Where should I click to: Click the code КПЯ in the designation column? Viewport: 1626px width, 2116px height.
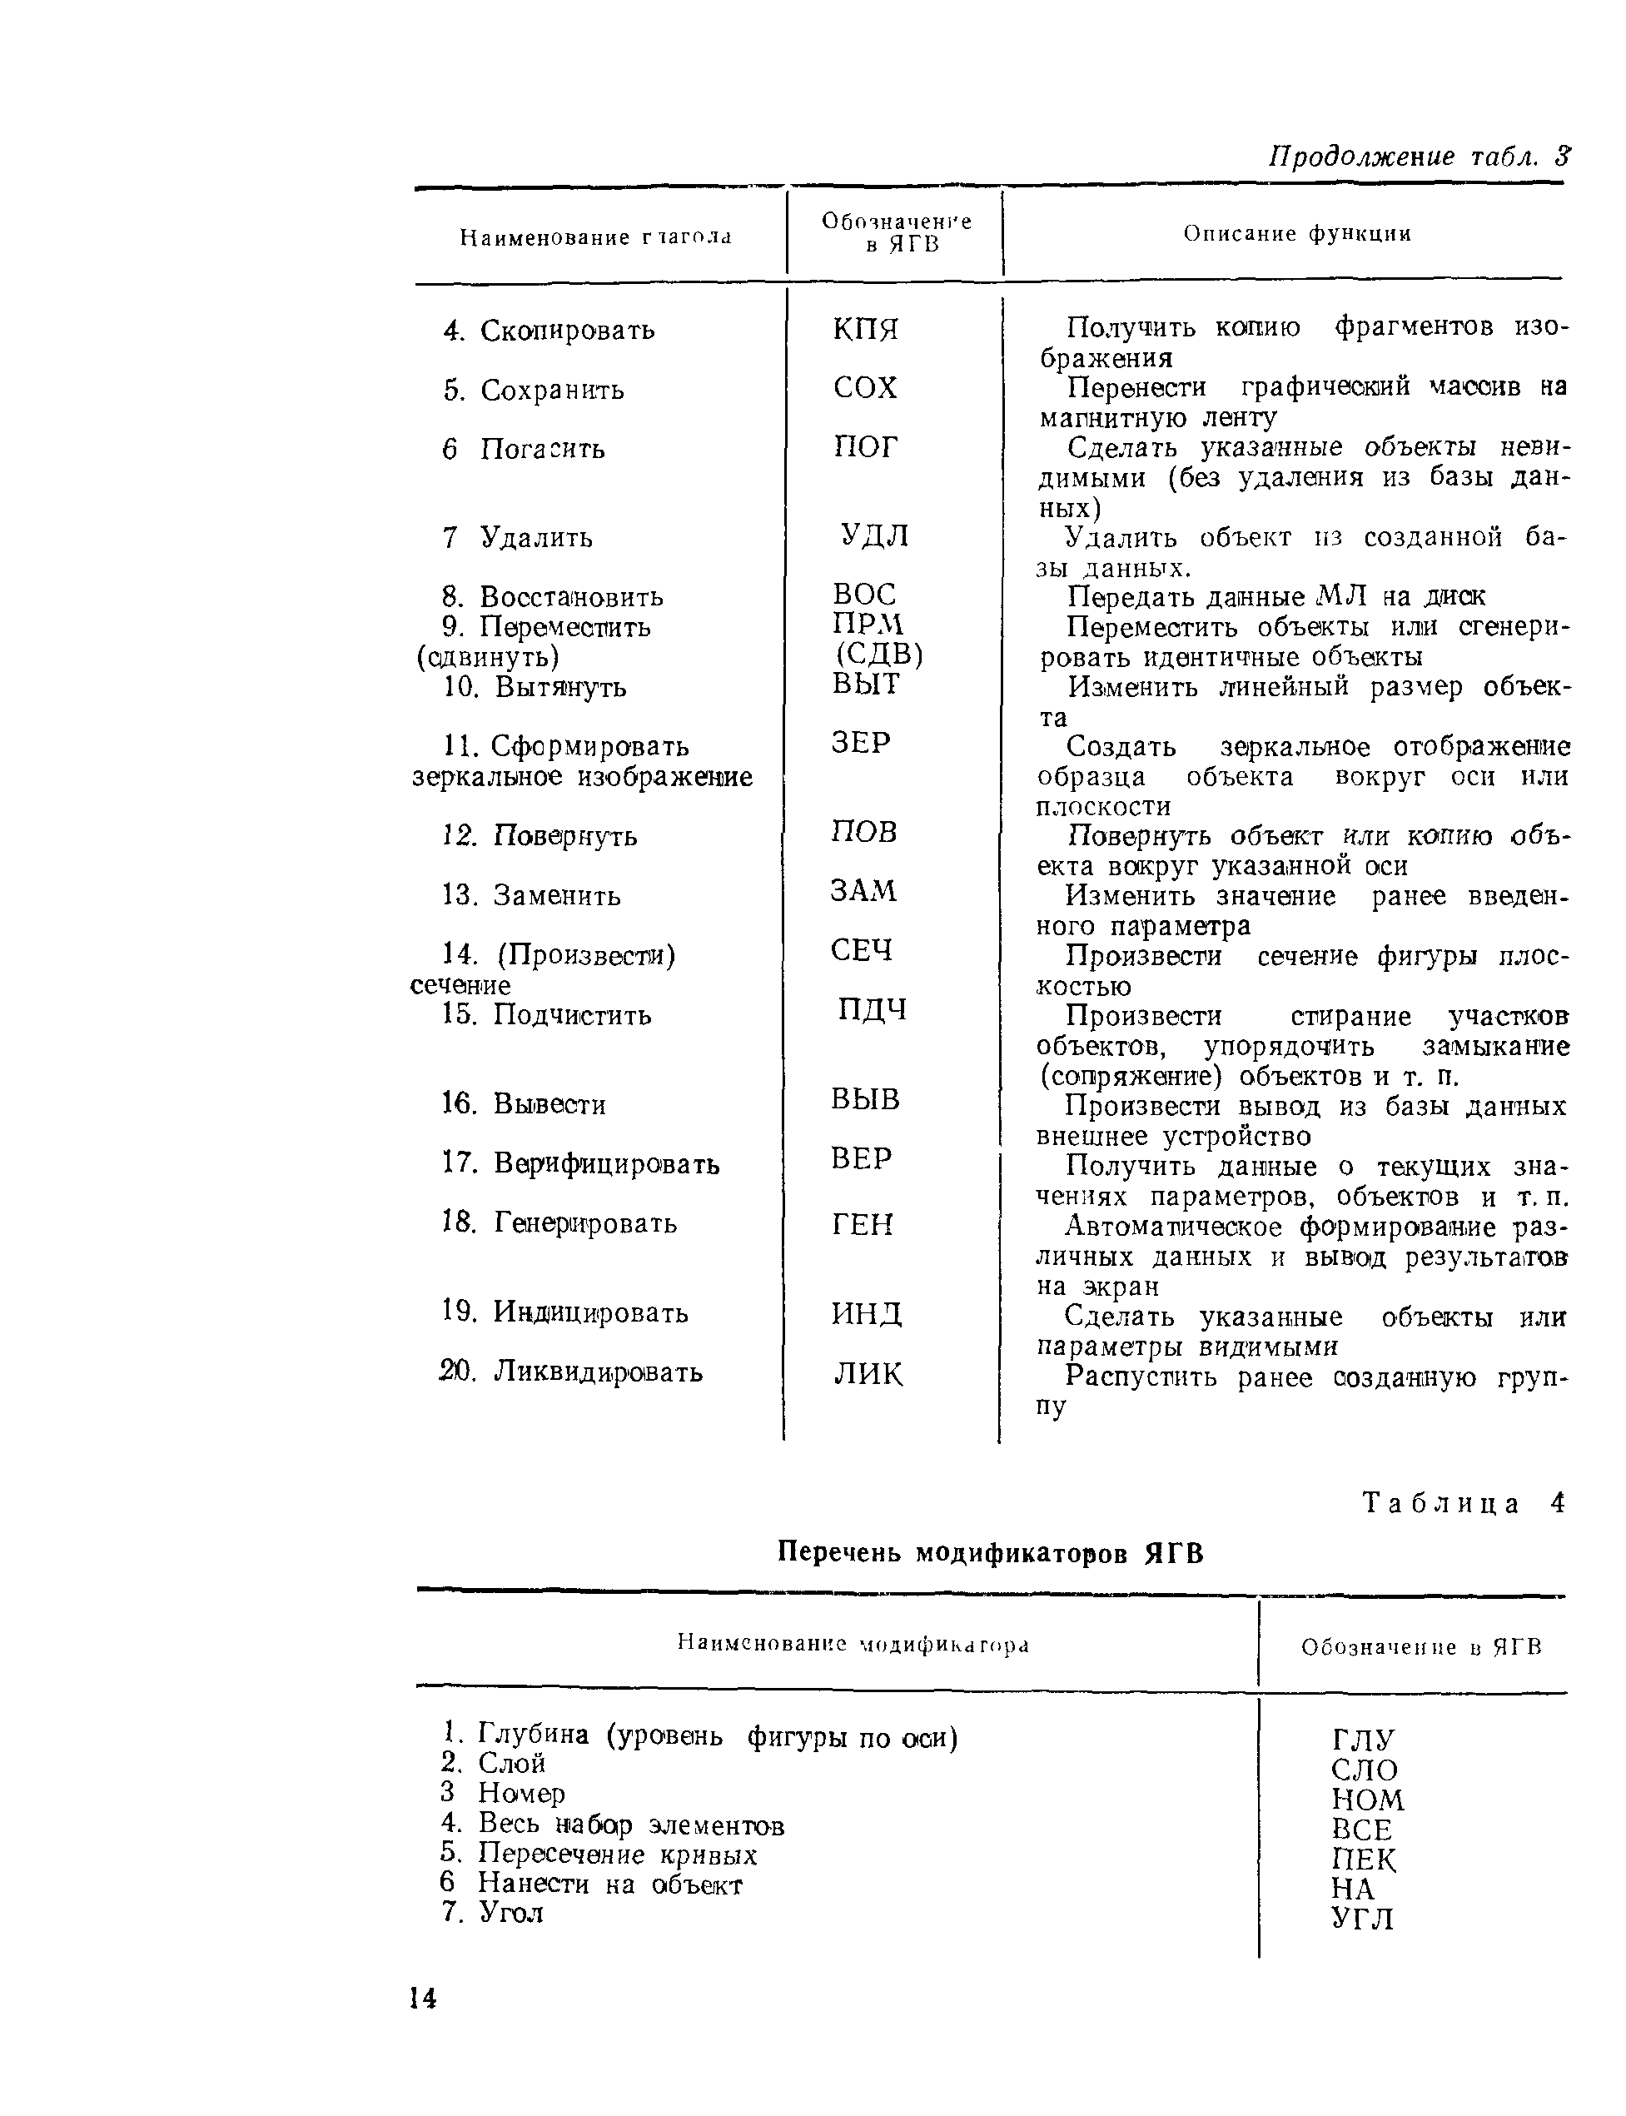pos(865,329)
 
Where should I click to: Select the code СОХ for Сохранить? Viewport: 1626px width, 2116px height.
pos(865,388)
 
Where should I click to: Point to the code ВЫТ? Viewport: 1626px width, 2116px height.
pos(865,685)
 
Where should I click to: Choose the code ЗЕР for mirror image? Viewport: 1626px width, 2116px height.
pos(860,743)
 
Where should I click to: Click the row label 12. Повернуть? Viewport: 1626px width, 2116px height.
pos(540,835)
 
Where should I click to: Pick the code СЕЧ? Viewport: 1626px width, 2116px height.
pos(860,950)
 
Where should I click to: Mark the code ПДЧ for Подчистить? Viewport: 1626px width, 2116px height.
pos(871,1009)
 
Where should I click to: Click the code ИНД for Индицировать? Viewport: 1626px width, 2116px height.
pos(866,1313)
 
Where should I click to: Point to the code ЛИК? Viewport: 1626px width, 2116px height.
pos(868,1373)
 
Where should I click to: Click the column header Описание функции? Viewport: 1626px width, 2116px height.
pos(1297,233)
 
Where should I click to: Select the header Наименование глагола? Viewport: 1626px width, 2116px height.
pos(595,237)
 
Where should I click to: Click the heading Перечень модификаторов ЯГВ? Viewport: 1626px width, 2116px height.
pos(991,1554)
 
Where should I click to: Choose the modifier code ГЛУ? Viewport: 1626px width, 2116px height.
pos(1363,1740)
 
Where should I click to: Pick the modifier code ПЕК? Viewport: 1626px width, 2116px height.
pos(1364,1860)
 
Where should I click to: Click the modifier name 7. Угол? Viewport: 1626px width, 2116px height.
pos(493,1912)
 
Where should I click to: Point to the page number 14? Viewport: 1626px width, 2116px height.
pos(423,1998)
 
